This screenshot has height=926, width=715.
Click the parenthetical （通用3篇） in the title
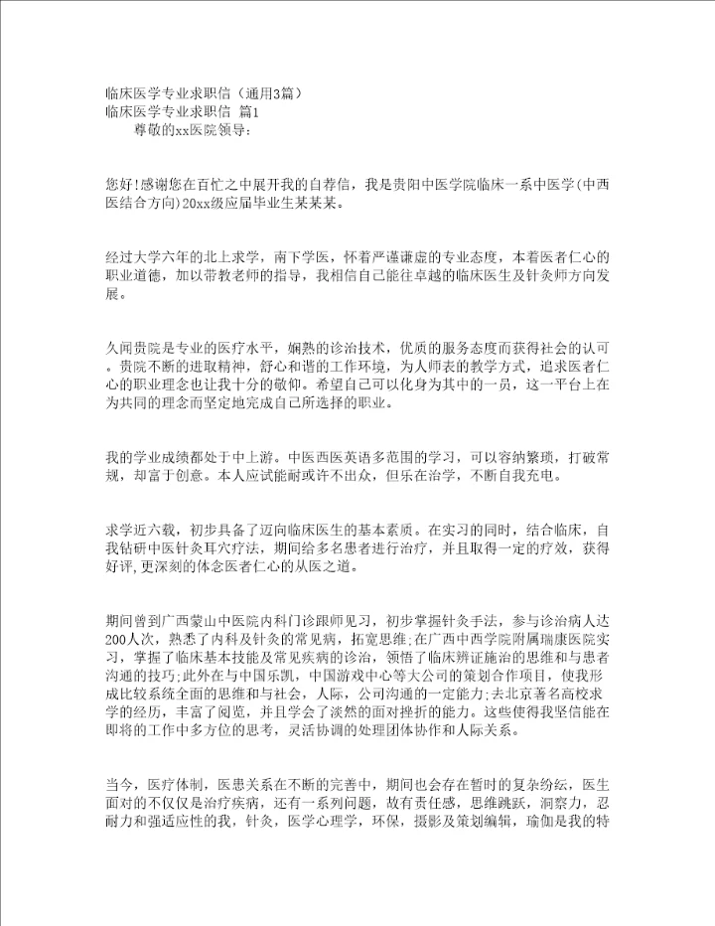(268, 94)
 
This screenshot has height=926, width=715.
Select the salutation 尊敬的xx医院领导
(184, 130)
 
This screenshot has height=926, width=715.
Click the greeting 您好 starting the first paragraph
(119, 185)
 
